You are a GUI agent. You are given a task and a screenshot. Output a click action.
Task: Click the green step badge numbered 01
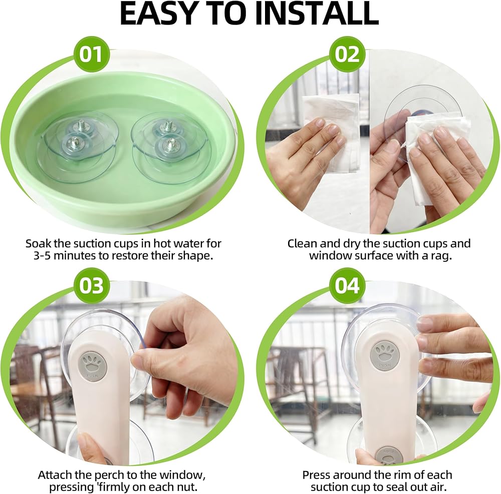pos(91,54)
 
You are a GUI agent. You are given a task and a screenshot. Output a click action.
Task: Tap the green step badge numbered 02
pos(348,54)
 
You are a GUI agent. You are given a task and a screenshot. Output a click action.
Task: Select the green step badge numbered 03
pos(91,285)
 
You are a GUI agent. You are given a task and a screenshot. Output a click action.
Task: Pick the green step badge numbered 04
pos(348,285)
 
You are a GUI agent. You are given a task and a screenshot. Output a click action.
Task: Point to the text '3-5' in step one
pos(42,256)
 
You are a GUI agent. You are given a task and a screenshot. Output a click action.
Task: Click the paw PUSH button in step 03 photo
pos(92,366)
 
